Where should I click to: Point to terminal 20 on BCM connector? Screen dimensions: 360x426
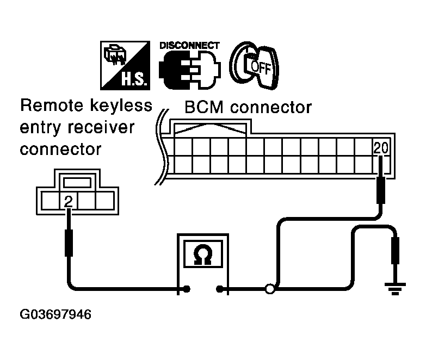tap(380, 147)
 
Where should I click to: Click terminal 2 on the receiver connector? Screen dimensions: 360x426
tap(68, 202)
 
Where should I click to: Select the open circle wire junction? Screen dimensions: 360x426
tap(269, 289)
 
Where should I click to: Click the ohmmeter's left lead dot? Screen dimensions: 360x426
tap(187, 289)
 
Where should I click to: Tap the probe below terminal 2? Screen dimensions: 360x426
tap(69, 242)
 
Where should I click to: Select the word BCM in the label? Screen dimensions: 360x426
tap(205, 107)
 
